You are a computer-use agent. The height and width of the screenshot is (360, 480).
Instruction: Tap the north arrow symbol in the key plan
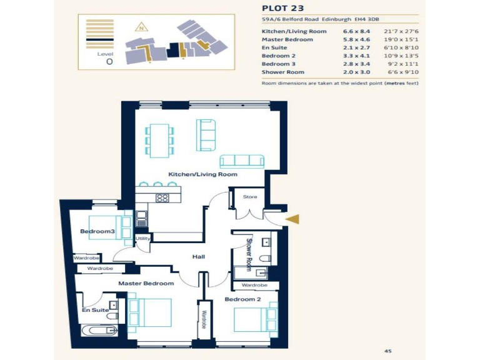click(x=142, y=27)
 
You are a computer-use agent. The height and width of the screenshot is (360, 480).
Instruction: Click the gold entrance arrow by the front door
click(x=292, y=219)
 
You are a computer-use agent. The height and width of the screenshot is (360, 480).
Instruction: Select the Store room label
click(x=250, y=197)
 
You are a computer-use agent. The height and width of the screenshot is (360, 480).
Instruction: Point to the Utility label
click(x=143, y=238)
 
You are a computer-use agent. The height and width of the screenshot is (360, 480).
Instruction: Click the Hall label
click(x=199, y=257)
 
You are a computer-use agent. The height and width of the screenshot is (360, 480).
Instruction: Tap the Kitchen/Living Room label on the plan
click(x=202, y=174)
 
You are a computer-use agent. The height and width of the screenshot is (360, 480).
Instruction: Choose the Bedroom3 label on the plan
click(x=97, y=232)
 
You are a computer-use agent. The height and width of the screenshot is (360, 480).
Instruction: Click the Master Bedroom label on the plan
click(x=146, y=283)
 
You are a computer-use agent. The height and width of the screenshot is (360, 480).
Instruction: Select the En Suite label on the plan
click(x=96, y=310)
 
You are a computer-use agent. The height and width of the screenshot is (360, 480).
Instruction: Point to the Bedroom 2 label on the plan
click(x=242, y=299)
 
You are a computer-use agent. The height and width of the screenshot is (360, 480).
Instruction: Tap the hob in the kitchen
click(x=162, y=198)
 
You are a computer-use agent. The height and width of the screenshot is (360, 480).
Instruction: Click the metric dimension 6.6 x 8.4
click(x=356, y=31)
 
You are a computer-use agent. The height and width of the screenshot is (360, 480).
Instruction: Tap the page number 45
click(x=387, y=351)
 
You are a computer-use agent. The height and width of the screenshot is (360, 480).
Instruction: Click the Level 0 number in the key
click(x=109, y=62)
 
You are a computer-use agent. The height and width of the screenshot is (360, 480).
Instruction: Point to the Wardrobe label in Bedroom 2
click(x=254, y=285)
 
